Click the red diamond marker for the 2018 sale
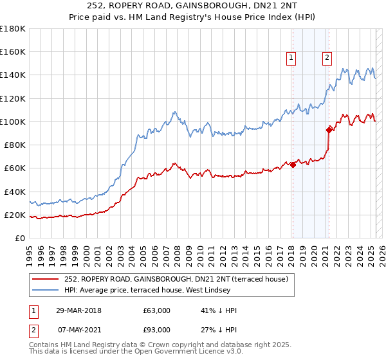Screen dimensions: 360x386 [293, 165]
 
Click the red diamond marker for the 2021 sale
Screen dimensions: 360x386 [329, 129]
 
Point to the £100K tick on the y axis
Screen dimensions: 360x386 [13, 122]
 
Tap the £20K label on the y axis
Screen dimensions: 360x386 [15, 215]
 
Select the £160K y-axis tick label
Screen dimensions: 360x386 [13, 51]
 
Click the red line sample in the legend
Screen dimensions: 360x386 [46, 278]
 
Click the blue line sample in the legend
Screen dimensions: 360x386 [46, 289]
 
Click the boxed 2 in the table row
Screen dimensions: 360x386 [33, 330]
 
